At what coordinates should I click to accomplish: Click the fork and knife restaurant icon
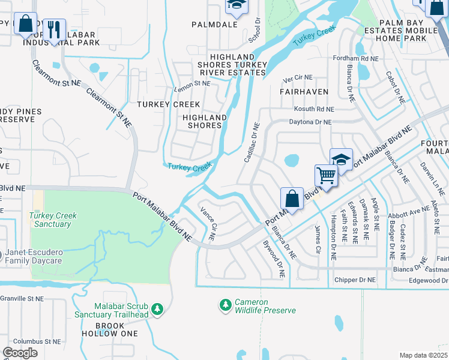[54, 29]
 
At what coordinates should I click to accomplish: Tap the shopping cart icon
[326, 175]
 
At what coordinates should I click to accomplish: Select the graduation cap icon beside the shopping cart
[341, 159]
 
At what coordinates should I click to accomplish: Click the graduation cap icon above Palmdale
[237, 6]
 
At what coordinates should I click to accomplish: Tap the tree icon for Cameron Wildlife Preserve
[226, 305]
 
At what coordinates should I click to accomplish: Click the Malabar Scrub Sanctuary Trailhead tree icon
[157, 310]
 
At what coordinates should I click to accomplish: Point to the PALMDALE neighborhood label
[215, 25]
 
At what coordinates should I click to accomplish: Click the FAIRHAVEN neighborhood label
[304, 92]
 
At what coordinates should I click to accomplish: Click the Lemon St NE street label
[193, 83]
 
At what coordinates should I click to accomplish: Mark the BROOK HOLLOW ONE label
[109, 329]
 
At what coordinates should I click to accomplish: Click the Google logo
[20, 352]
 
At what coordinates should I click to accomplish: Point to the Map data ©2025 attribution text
[423, 355]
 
